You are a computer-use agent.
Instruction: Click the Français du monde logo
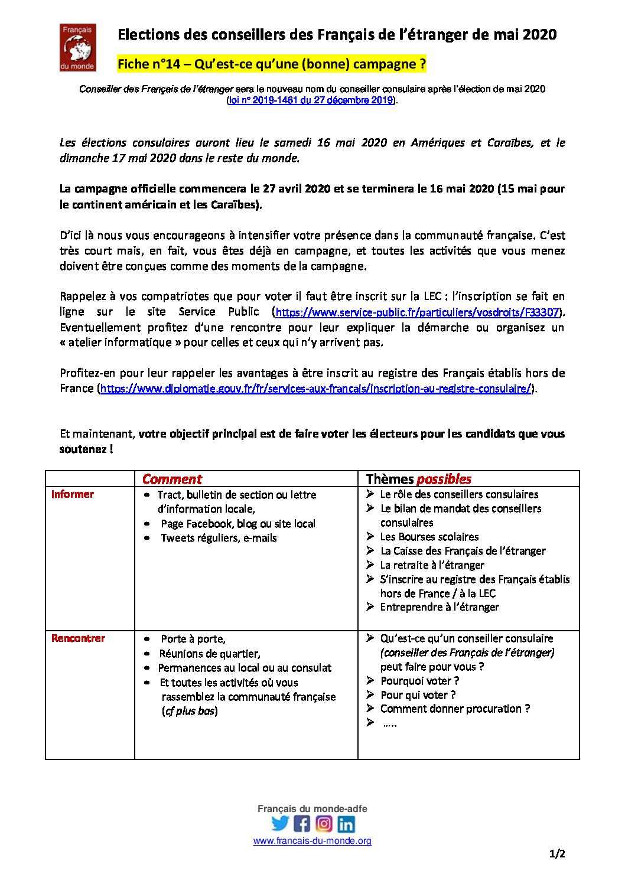click(x=77, y=47)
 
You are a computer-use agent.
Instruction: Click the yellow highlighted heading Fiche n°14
click(x=272, y=64)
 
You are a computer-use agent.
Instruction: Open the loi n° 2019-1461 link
click(x=311, y=100)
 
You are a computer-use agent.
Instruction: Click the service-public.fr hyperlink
click(x=417, y=312)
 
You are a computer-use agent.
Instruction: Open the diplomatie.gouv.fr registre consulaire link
click(x=315, y=389)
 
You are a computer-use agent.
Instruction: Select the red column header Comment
click(x=172, y=479)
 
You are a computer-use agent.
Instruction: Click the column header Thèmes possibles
click(x=418, y=479)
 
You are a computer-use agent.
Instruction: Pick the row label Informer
click(x=73, y=494)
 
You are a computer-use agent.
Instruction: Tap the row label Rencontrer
click(x=78, y=638)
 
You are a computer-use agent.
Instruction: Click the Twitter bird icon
click(x=280, y=823)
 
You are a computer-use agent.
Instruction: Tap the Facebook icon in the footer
click(x=302, y=823)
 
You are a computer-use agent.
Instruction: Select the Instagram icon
click(x=324, y=823)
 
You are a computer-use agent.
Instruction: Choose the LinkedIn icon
click(x=346, y=824)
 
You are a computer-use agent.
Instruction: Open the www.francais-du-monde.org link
click(x=312, y=841)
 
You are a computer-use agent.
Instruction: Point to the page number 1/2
click(x=557, y=854)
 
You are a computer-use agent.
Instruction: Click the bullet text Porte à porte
click(x=193, y=639)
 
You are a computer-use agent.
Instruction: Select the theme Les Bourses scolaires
click(x=429, y=537)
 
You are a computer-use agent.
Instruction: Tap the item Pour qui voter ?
click(x=418, y=695)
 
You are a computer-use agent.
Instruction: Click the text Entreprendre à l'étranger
click(x=439, y=607)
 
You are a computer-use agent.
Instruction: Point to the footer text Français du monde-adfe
click(x=312, y=809)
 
